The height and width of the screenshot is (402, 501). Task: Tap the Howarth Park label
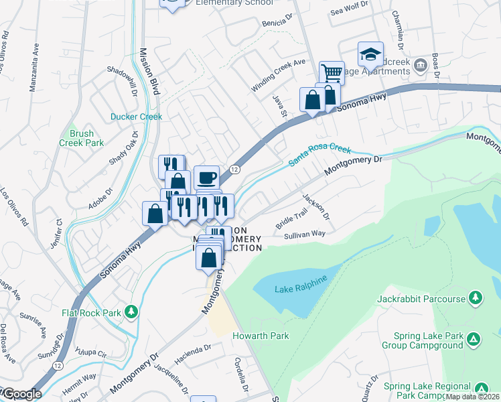coord(261,336)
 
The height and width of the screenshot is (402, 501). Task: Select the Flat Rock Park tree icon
coord(133,312)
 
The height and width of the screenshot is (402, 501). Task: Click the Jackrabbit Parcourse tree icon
coord(476,297)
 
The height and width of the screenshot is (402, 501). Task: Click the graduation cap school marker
coord(370,53)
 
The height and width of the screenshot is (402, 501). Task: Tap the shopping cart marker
coord(332,72)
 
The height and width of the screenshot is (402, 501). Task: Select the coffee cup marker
coord(206,178)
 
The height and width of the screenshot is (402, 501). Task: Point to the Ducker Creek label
coord(137,117)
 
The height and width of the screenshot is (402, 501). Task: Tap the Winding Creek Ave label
coord(278,77)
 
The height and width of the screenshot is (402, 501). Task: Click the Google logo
coord(21,394)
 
